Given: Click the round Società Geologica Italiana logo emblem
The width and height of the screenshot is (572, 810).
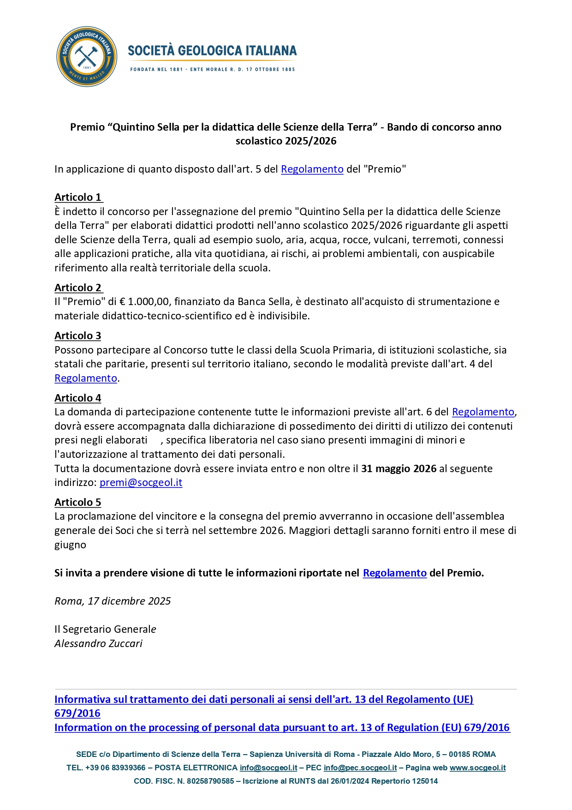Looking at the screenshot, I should (x=86, y=56).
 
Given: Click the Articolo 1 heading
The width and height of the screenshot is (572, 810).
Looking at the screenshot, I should (x=78, y=198).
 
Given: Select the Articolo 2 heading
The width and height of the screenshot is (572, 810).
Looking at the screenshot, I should (x=78, y=288).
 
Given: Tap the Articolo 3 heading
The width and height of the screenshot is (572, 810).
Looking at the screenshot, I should (x=78, y=336).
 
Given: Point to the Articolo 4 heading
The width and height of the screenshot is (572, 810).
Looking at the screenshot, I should (x=78, y=398).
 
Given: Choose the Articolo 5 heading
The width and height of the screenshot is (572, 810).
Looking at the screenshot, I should (x=78, y=503).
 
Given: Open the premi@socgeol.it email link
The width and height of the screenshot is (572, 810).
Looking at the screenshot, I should (x=141, y=483).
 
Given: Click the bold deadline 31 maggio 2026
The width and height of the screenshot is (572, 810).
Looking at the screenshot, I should (x=399, y=469).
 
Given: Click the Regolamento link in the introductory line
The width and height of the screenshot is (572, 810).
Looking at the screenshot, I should (x=312, y=169).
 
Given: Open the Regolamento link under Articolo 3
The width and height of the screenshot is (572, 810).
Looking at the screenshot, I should (x=86, y=378).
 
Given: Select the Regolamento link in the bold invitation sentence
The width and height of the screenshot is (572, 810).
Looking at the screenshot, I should (x=394, y=573).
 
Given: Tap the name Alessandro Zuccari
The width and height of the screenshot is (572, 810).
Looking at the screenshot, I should (x=98, y=644).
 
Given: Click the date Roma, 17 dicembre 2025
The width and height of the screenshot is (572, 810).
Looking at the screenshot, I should (x=113, y=601).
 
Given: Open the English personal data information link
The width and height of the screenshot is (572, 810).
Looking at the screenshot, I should (x=282, y=728).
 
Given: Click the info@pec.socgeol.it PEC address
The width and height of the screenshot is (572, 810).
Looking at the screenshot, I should (x=360, y=768).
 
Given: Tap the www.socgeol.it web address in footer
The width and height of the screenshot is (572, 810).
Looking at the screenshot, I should (x=477, y=768).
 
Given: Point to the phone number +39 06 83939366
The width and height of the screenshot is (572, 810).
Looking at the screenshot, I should (x=115, y=768).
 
